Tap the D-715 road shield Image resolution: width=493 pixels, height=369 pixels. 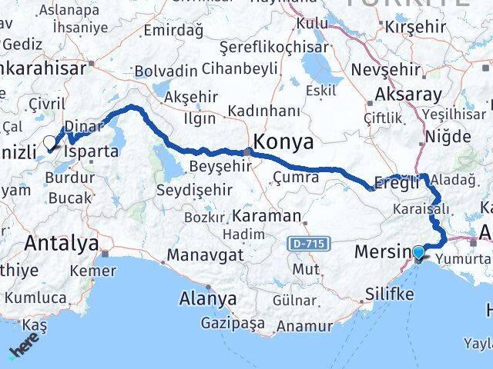[307, 244]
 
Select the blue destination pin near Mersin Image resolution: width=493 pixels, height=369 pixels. [418, 252]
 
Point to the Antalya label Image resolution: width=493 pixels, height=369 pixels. [62, 244]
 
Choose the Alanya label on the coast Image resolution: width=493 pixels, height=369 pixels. [208, 298]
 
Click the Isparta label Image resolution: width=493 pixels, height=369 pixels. [92, 151]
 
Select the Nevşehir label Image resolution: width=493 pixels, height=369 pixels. [387, 70]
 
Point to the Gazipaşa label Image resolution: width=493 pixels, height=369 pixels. [233, 323]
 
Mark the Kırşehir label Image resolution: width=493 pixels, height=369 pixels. [416, 25]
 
